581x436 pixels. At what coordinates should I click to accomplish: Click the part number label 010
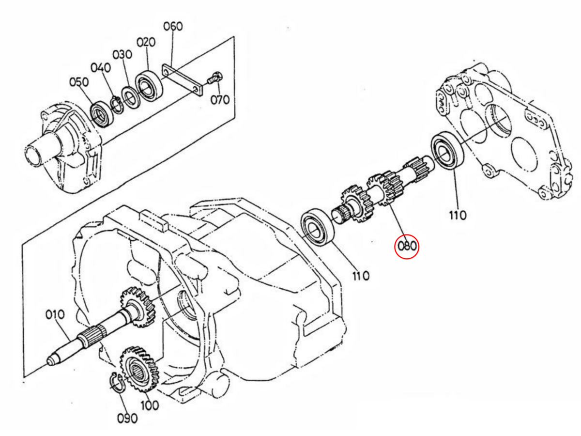coord(55,315)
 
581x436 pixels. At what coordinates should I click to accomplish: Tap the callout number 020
coord(146,43)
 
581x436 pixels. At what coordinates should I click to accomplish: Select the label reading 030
coord(122,54)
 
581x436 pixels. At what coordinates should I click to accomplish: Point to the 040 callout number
coord(101,68)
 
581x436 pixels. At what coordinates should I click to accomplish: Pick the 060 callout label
coord(173,26)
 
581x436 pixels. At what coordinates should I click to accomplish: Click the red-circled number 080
coord(407,246)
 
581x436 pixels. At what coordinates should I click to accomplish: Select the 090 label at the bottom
coord(127,418)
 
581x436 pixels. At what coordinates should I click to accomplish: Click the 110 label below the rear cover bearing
coord(457,215)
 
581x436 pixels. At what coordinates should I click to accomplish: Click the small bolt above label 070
coord(214,78)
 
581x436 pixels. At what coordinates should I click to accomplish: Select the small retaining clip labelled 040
coord(116,104)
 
